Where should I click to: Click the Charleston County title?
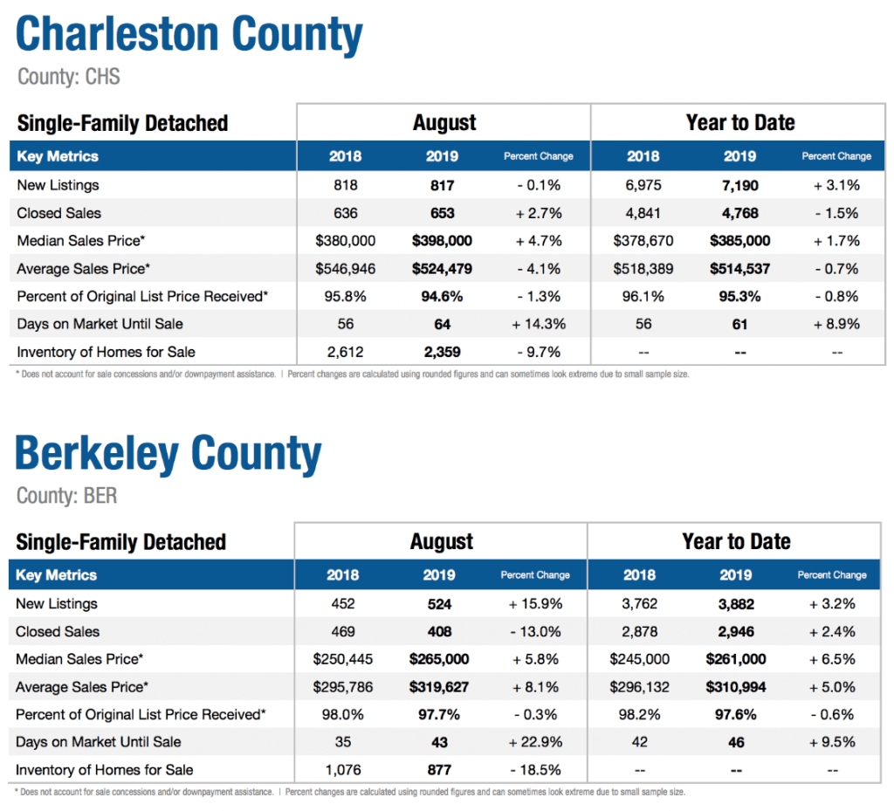189,34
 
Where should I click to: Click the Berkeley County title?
168,454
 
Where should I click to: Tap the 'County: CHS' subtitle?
69,76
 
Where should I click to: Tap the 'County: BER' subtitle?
66,495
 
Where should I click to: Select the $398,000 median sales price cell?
442,241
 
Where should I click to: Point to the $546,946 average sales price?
346,268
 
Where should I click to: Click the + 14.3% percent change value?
539,324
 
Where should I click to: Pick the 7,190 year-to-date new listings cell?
740,185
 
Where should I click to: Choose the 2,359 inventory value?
442,352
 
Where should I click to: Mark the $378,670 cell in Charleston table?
643,241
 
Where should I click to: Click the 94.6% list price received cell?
442,296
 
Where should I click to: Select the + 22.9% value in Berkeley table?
535,742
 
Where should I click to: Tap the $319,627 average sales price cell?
439,687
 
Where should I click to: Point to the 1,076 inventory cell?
342,770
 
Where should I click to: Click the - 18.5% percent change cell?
535,770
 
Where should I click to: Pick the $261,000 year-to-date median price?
736,659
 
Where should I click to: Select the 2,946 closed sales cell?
736,631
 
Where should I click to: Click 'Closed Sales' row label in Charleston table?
58,213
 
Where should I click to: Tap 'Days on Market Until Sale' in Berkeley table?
98,742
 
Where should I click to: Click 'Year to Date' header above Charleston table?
740,122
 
